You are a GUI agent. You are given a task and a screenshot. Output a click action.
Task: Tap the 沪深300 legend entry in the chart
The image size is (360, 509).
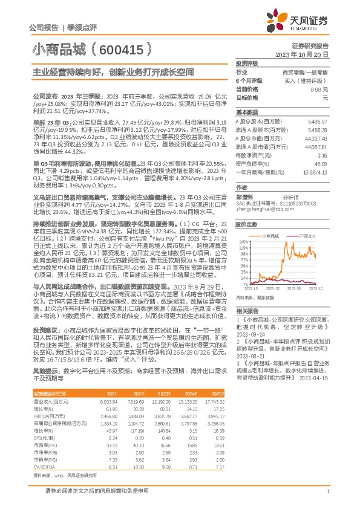[x=303, y=235]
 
